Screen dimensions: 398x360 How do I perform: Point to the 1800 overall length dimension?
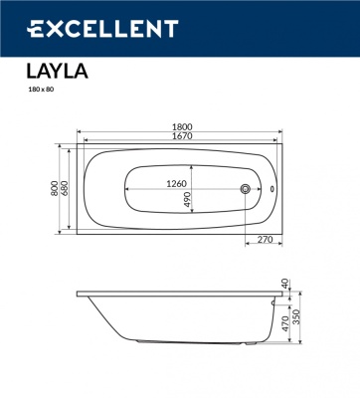179,128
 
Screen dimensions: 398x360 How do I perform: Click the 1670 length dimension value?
179,141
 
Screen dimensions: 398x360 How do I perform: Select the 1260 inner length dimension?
176,183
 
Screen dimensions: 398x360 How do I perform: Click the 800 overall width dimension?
56,188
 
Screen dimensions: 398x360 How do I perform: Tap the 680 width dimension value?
66,188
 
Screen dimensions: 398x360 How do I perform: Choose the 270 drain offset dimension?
265,240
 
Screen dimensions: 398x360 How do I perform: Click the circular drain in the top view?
246,188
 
